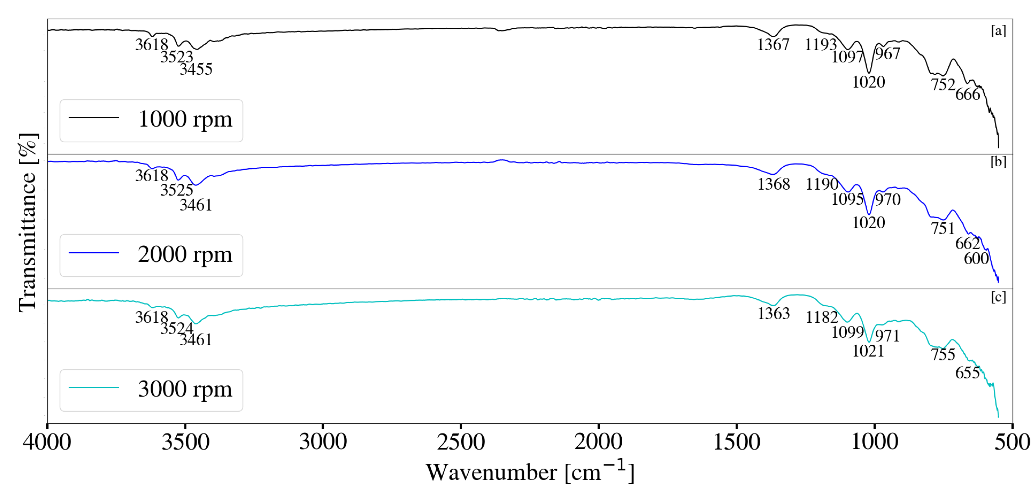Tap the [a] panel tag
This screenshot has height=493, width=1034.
998,31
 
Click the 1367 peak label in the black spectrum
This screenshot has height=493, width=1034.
773,44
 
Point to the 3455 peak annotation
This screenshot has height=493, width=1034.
196,70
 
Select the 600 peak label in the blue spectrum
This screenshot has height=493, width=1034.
976,259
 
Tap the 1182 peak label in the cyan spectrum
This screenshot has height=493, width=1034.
822,318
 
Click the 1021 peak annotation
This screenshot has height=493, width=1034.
868,351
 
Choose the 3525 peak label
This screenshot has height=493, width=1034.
177,190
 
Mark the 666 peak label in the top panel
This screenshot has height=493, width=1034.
967,95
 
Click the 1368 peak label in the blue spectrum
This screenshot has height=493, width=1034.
774,184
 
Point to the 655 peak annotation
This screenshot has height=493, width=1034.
967,373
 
